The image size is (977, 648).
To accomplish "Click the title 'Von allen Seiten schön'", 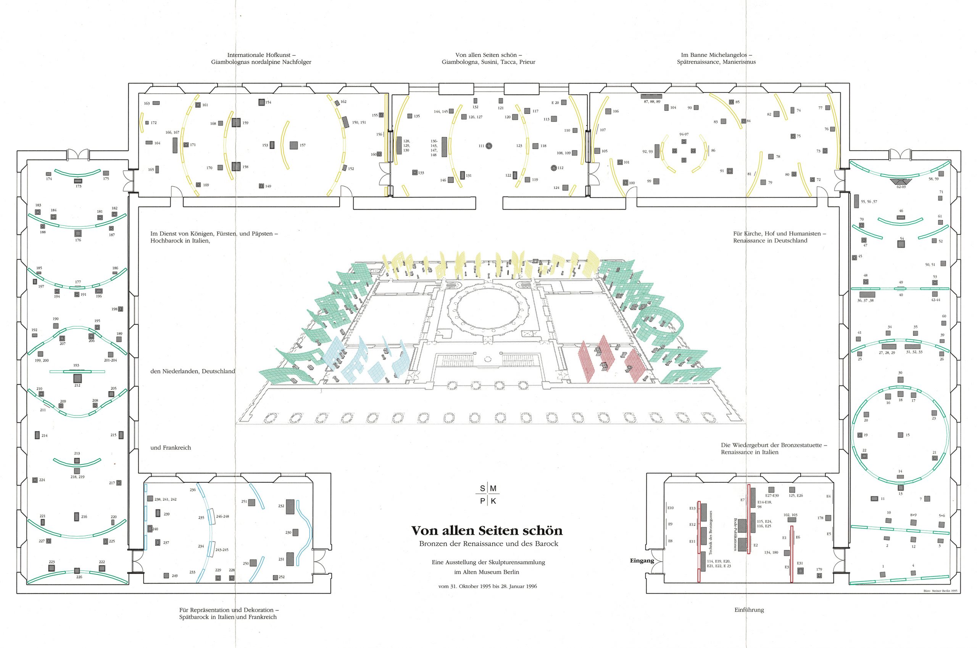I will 487,530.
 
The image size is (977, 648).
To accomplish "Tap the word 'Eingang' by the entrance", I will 642,561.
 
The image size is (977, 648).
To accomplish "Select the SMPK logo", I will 488,495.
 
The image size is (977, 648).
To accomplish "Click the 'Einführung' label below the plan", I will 749,609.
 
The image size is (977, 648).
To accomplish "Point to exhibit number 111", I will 482,146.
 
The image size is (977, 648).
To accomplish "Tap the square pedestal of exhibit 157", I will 293,145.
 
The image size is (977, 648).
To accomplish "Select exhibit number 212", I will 77,385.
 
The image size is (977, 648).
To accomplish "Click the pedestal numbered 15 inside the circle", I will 901,435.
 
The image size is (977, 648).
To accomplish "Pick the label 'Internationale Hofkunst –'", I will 261,55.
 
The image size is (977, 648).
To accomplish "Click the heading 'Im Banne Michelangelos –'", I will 716,55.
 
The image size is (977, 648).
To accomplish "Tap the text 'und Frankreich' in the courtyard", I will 171,448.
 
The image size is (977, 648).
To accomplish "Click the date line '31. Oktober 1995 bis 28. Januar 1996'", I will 488,586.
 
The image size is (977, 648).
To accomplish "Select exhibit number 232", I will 281,506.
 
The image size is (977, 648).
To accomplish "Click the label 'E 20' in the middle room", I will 555,103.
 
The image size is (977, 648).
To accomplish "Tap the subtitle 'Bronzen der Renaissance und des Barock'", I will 488,544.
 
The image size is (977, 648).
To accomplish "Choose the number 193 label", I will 76,365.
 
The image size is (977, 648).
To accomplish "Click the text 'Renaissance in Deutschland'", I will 770,240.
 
